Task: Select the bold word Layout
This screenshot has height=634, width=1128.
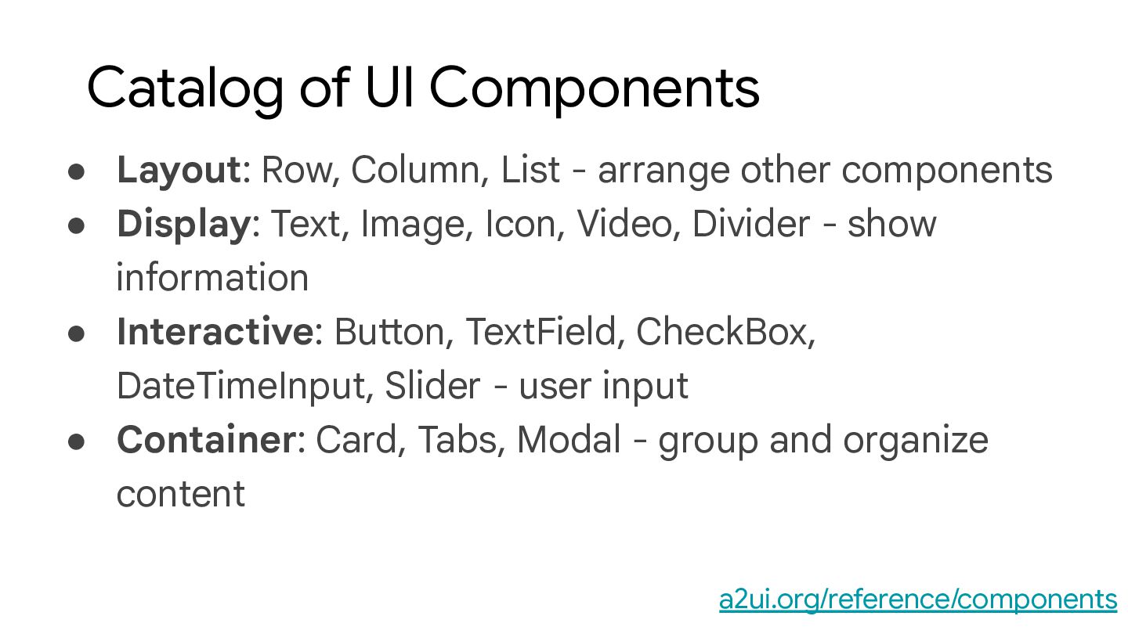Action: pos(179,170)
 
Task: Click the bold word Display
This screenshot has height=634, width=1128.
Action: pos(183,224)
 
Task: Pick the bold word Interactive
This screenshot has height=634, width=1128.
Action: pos(215,332)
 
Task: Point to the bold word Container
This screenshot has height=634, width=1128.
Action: pos(205,440)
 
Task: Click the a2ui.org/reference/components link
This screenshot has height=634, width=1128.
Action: pos(917,600)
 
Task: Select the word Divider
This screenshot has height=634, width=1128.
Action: pos(750,224)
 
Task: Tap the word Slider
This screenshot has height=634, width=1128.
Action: pos(432,386)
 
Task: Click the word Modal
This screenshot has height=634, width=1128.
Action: pos(569,440)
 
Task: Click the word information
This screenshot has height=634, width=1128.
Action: pos(212,278)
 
